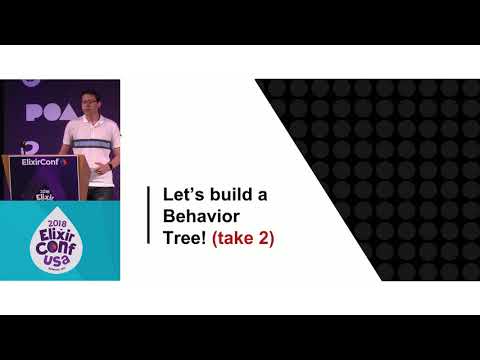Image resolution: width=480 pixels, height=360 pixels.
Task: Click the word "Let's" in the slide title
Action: [x=179, y=194]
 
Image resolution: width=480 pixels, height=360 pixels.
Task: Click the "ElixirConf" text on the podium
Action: [x=42, y=161]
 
